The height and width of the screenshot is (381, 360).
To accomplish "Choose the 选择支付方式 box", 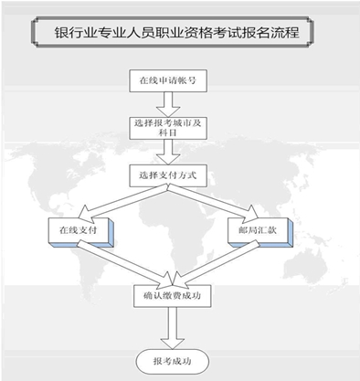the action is [x=168, y=174].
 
